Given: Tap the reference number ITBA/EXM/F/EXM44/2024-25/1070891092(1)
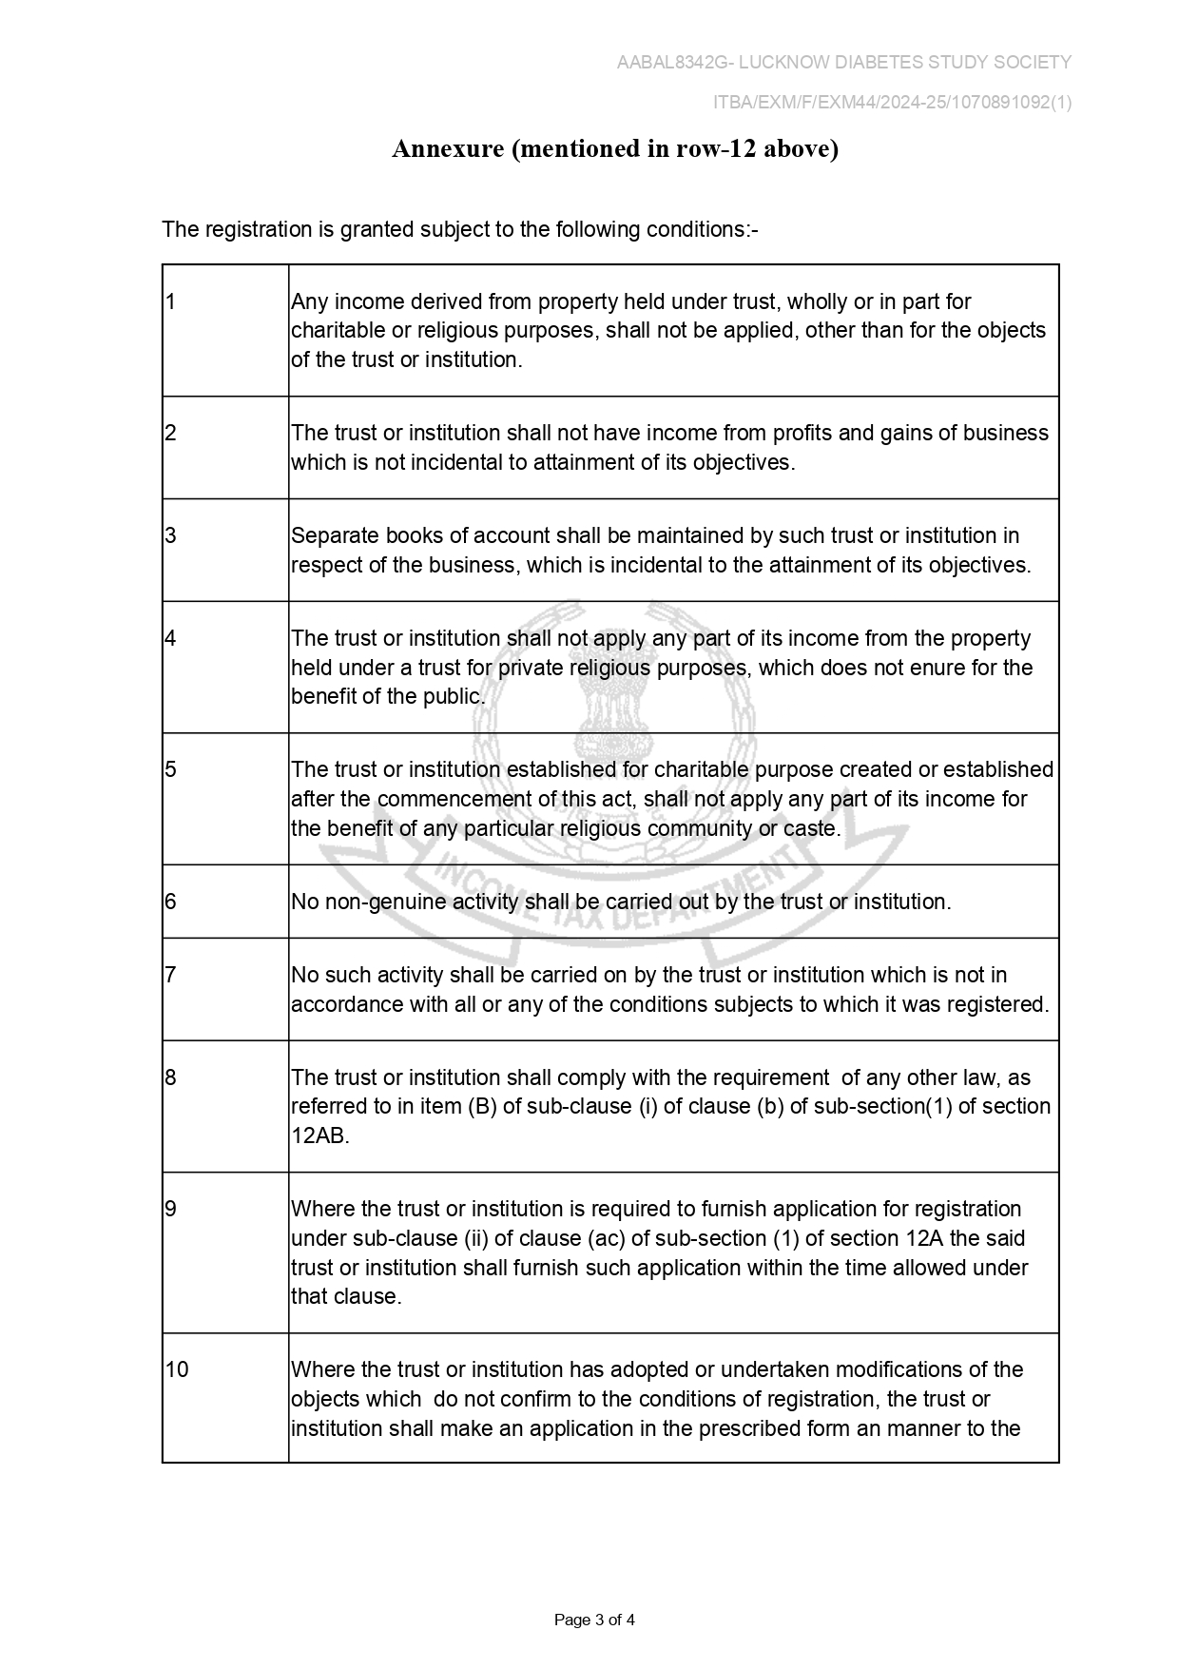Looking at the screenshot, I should [892, 103].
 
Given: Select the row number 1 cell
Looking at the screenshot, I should [171, 302].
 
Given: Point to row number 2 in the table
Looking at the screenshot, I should [171, 434].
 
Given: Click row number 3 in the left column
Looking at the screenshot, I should [171, 536].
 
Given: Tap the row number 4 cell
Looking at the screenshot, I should [171, 639].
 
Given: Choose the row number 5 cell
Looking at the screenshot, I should [171, 770].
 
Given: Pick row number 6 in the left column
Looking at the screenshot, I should [171, 902].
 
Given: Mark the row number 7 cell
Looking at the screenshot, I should [171, 976].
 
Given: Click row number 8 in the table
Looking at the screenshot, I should [171, 1078].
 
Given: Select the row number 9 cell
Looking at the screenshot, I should [171, 1210].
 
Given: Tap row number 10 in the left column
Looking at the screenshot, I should [177, 1370].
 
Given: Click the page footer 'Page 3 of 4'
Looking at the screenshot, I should [594, 1620].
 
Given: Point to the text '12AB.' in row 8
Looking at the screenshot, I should [320, 1136].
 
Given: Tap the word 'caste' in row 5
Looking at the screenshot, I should [810, 828].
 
